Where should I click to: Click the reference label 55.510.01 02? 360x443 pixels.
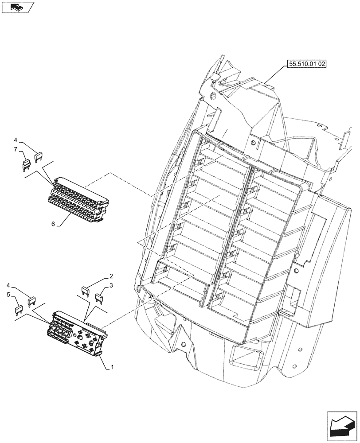click(307, 64)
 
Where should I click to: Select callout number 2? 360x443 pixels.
click(111, 276)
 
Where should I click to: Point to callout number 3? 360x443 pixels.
click(111, 286)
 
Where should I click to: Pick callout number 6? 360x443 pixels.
click(53, 224)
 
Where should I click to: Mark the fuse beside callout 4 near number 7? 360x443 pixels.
click(39, 156)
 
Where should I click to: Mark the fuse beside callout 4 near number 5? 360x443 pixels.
click(31, 302)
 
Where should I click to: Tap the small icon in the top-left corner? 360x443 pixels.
click(17, 7)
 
